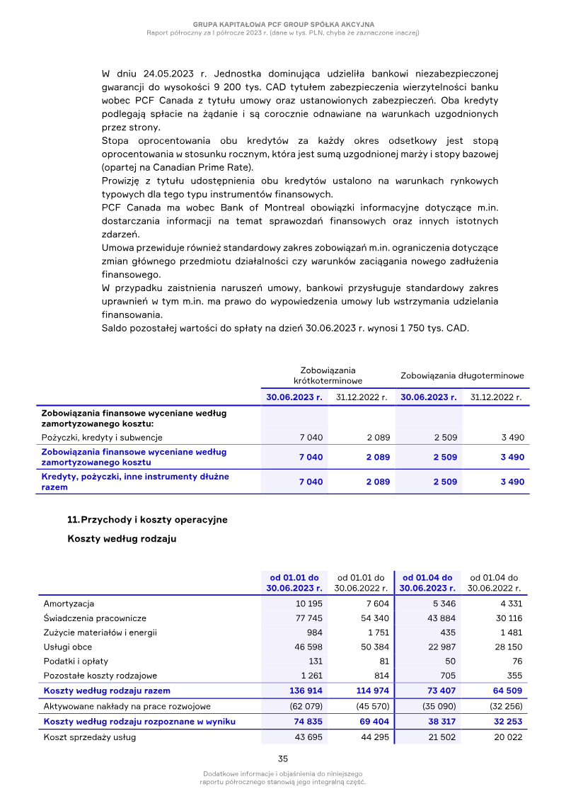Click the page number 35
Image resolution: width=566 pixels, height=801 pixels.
click(x=283, y=759)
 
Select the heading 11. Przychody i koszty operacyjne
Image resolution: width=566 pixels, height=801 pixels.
click(x=147, y=519)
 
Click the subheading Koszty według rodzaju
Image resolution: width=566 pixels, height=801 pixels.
click(x=122, y=539)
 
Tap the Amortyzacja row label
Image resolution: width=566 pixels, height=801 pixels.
click(x=69, y=603)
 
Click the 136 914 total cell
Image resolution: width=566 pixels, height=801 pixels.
click(x=306, y=690)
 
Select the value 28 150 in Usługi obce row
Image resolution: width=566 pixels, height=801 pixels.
click(x=507, y=647)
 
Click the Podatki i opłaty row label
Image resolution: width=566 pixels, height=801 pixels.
click(x=72, y=661)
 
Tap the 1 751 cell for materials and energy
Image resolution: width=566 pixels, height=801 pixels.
click(x=377, y=632)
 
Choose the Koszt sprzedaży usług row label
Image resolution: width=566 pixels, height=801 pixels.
click(x=90, y=737)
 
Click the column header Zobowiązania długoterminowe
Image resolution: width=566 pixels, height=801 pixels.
click(x=462, y=375)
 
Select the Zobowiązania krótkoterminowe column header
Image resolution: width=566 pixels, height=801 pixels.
click(x=328, y=375)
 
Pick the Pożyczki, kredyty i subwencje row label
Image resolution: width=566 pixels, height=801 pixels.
click(x=102, y=438)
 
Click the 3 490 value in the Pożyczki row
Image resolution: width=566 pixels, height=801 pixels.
click(x=512, y=438)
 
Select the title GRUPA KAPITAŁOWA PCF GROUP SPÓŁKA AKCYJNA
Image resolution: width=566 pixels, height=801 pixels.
click(x=283, y=24)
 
